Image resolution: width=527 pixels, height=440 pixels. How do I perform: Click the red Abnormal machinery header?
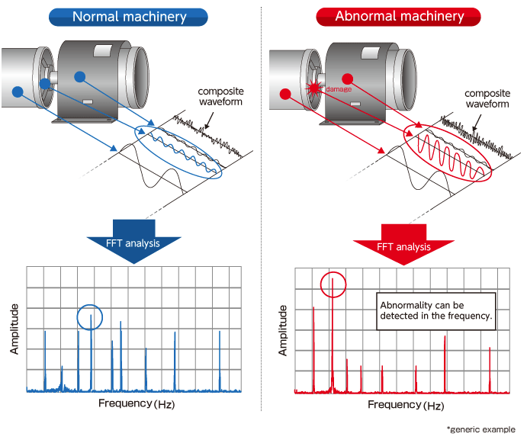(x=399, y=16)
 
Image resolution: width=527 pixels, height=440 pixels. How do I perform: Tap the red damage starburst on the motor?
(x=313, y=89)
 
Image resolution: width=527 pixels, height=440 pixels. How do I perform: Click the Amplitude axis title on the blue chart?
(x=14, y=329)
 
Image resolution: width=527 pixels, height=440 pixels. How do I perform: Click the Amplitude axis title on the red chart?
(x=283, y=330)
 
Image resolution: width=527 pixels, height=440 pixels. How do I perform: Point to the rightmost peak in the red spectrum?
(x=489, y=368)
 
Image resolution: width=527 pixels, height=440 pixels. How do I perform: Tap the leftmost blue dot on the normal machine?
(x=18, y=92)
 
